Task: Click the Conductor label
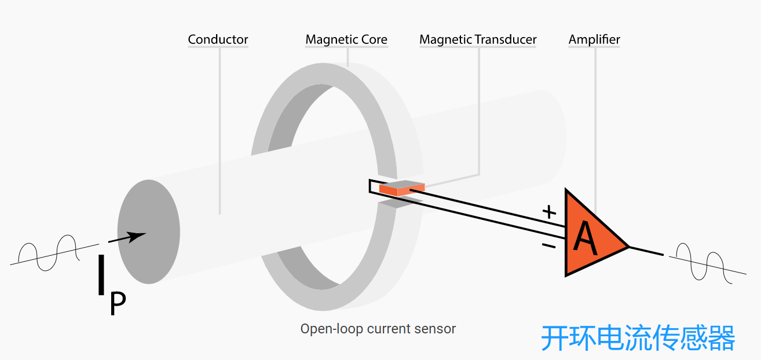(x=218, y=40)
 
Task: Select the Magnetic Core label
(x=346, y=40)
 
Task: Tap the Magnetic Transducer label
(x=478, y=40)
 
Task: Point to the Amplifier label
(x=594, y=40)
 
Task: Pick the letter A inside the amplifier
(x=586, y=239)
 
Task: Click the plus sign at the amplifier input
(x=548, y=212)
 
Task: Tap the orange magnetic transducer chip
(x=401, y=188)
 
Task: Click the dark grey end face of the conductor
(x=149, y=232)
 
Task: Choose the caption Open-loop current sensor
(x=378, y=329)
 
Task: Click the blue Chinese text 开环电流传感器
(x=638, y=338)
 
